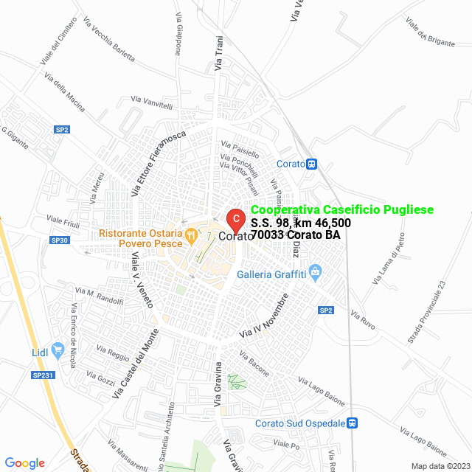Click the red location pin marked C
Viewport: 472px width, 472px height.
point(235,218)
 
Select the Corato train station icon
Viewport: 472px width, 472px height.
point(313,164)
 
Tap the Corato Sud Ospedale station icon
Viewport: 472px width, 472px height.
point(353,423)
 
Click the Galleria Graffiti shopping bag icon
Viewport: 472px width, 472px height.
point(316,271)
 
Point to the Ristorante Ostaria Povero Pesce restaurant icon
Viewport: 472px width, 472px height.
point(190,235)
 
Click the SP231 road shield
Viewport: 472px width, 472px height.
point(44,375)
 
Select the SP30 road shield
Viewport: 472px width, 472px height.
point(60,240)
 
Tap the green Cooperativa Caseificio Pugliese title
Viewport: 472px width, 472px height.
point(342,210)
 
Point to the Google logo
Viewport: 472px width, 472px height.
point(24,463)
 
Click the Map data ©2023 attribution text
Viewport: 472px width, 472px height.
point(440,466)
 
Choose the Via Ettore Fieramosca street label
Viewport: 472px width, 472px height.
point(157,165)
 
